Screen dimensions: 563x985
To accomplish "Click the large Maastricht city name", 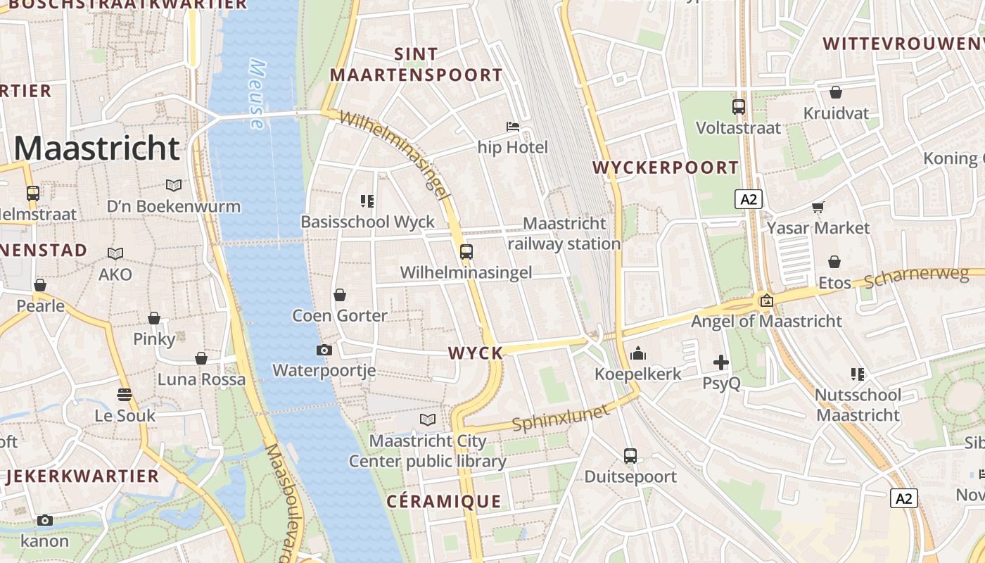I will pos(97,148).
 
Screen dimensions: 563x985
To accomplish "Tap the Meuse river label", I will pos(258,94).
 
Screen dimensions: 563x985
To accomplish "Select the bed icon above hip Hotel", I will pos(513,127).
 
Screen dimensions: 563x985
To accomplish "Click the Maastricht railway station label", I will pos(564,234).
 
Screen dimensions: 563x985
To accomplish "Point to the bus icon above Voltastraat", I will pos(738,107).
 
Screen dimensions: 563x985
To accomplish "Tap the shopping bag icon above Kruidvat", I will pos(836,92).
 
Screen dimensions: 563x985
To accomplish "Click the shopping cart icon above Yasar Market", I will pos(818,207).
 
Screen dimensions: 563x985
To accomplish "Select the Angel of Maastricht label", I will pos(766,321).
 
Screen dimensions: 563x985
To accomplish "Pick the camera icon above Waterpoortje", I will pos(324,350).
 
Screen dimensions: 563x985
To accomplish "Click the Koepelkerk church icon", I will pos(638,353).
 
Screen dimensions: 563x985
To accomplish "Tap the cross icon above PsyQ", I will pos(721,362).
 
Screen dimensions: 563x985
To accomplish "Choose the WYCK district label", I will pos(476,353).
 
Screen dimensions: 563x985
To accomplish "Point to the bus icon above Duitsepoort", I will pos(630,456).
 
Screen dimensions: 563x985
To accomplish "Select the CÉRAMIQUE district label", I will pos(444,501).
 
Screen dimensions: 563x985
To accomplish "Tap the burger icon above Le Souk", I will pos(125,395).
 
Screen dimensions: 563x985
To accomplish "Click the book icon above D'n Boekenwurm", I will pos(173,185).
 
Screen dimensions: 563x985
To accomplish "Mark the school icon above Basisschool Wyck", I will pos(367,201).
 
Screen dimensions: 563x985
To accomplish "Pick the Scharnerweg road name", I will pos(916,277).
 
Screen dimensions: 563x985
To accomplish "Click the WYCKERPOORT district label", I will pos(666,167).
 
